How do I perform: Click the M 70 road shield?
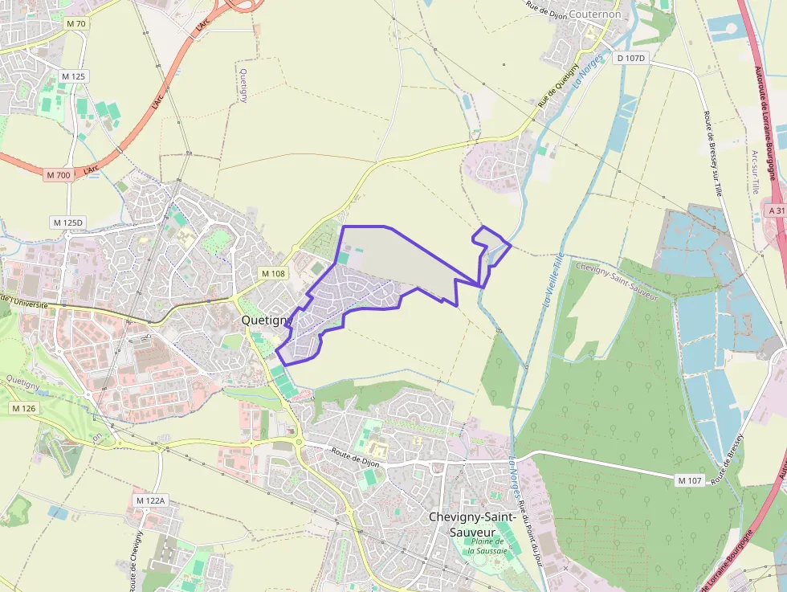(x=76, y=24)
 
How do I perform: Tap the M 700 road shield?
(x=59, y=174)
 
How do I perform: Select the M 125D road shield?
(x=67, y=222)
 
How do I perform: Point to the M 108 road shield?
(x=273, y=274)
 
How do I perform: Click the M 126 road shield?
(x=24, y=409)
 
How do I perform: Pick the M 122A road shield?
(x=149, y=500)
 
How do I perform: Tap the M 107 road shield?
(x=690, y=480)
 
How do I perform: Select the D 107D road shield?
(x=631, y=59)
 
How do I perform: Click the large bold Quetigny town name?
(x=266, y=320)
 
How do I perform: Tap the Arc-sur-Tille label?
(x=754, y=173)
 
